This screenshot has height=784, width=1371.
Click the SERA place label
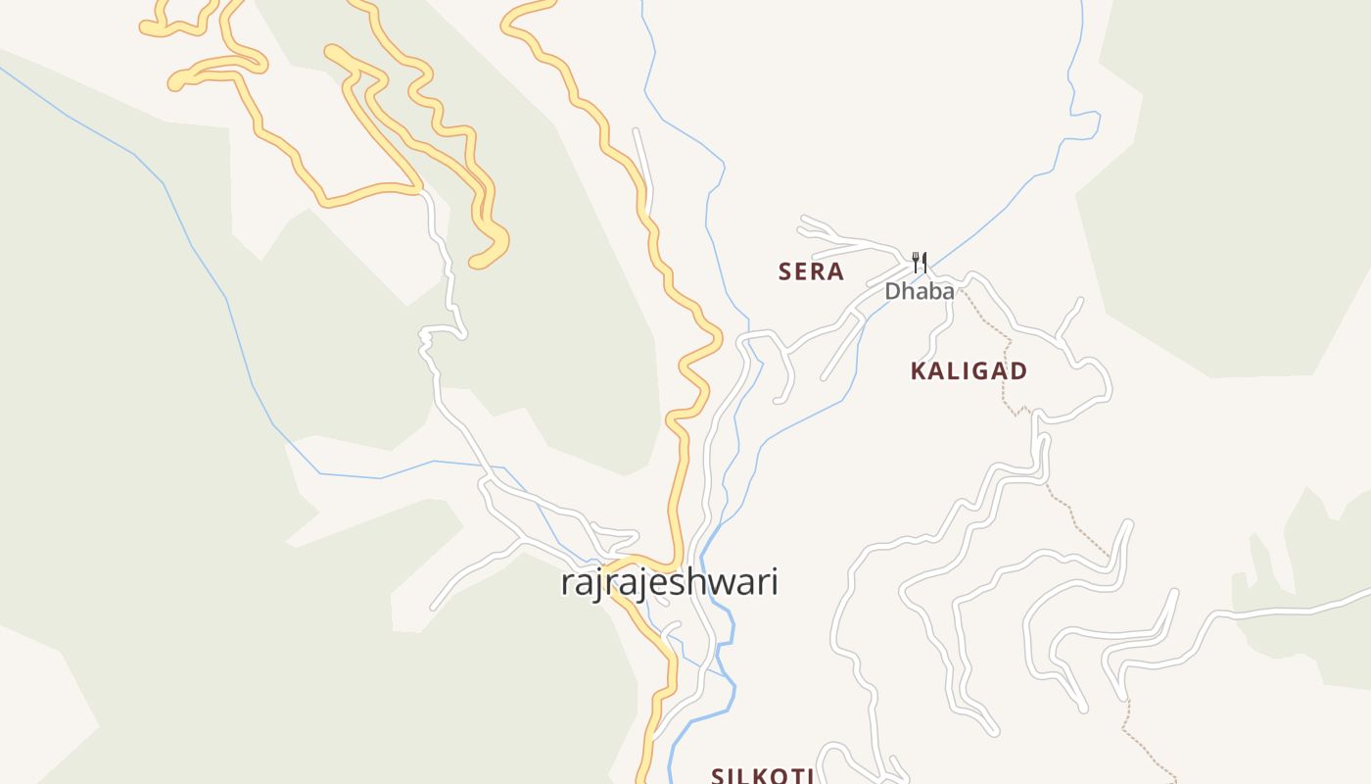pos(811,271)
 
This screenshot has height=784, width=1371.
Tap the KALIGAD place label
pos(969,371)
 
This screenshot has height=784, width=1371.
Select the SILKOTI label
pos(763,776)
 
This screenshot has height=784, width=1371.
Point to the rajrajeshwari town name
pos(669,582)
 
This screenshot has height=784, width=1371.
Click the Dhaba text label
pos(919,291)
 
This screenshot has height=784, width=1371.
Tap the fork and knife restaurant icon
pos(919,262)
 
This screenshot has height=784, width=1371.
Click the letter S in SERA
pos(785,271)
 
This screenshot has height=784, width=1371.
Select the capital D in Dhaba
pos(893,291)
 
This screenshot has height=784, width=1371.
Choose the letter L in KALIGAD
pos(948,371)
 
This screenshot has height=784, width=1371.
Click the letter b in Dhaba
pos(931,291)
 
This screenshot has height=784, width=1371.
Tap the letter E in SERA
pos(802,271)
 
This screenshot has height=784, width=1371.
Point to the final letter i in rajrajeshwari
pos(774,581)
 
